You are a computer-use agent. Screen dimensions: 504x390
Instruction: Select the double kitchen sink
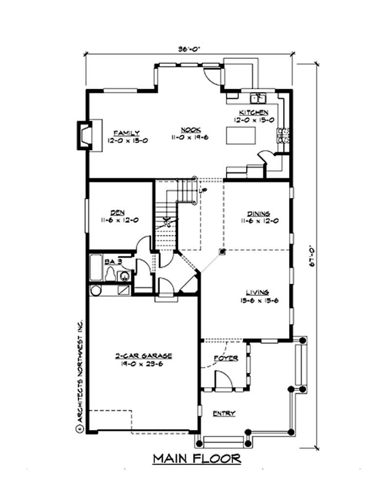pos(258,98)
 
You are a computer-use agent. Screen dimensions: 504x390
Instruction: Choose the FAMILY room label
pos(127,133)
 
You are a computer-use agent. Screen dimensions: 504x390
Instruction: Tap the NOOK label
pos(188,130)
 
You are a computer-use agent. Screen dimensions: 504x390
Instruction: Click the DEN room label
pos(117,213)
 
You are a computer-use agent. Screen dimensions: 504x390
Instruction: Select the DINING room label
pos(258,213)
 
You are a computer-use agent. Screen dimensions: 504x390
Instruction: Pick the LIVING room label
pos(257,292)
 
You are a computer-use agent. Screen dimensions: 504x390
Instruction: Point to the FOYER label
pos(226,358)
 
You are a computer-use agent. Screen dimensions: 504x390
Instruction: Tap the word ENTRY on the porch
pos(224,413)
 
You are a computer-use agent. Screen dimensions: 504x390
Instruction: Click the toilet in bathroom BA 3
pos(111,274)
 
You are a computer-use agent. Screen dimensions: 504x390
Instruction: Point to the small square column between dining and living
pos(222,252)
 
